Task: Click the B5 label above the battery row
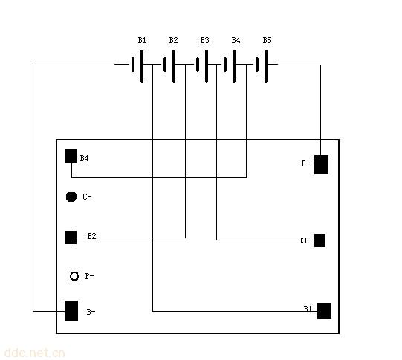click(267, 40)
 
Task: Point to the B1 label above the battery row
click(142, 40)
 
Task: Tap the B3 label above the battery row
click(204, 40)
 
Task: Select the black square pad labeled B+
click(321, 165)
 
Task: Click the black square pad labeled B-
click(71, 310)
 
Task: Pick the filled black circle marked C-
click(71, 197)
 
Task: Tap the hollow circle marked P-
click(74, 276)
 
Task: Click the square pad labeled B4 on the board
click(71, 156)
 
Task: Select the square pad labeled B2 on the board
click(71, 238)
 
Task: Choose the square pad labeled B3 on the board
click(320, 240)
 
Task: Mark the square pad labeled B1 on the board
click(324, 311)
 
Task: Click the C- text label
click(87, 197)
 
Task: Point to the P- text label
click(89, 276)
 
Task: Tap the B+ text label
click(305, 163)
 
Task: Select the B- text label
click(91, 312)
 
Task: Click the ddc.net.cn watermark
click(34, 353)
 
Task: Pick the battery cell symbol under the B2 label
click(169, 66)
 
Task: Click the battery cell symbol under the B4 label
click(230, 66)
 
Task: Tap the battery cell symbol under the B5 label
click(262, 66)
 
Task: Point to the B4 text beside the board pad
click(85, 158)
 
